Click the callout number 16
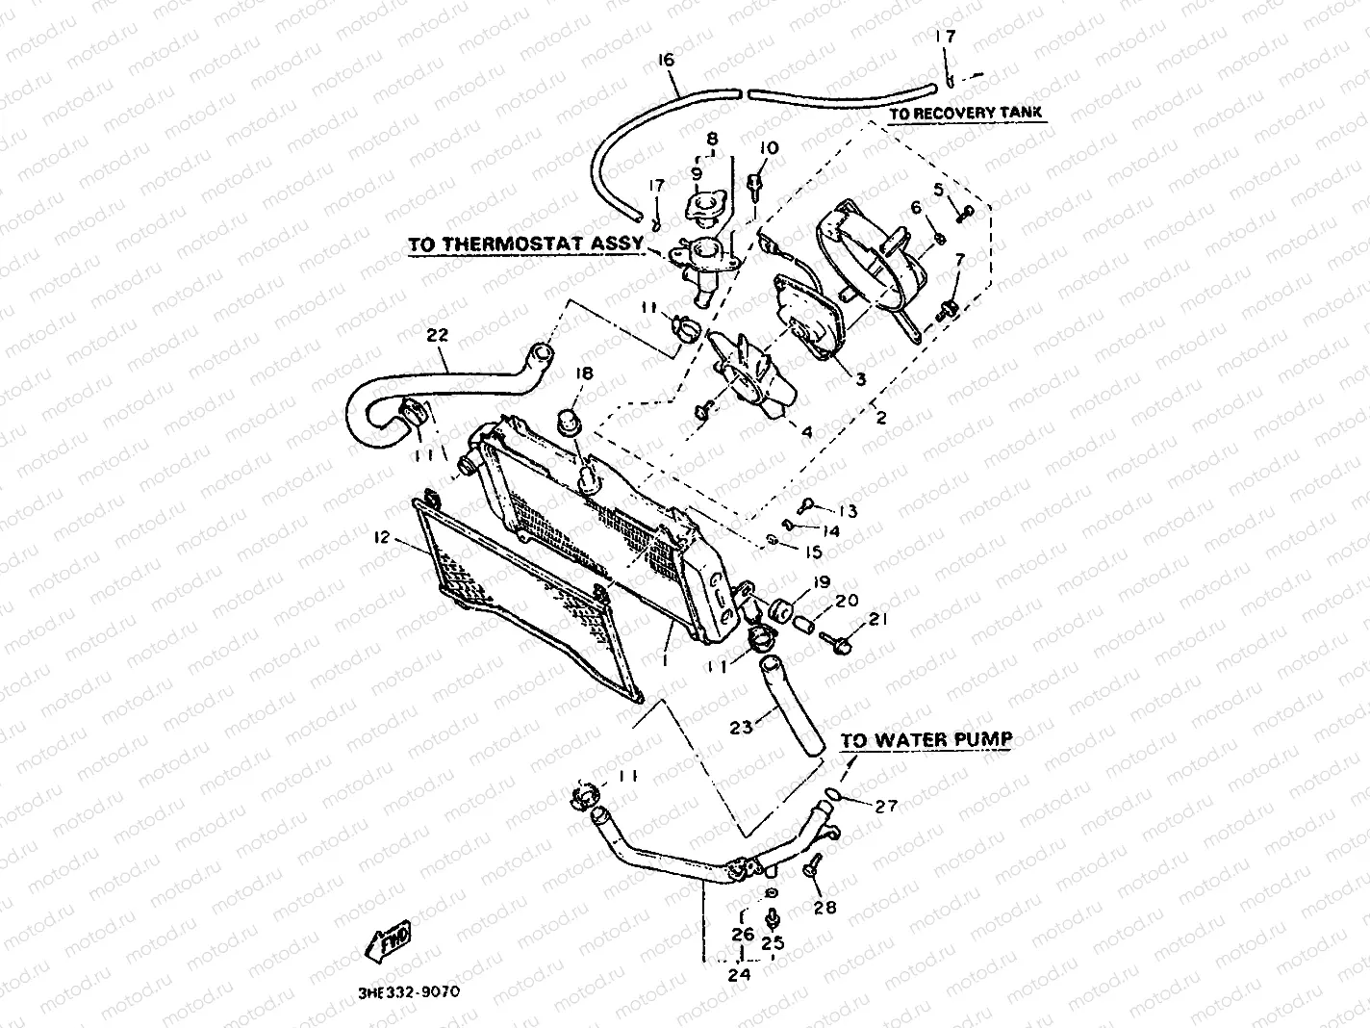pos(666,61)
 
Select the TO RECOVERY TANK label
pos(965,114)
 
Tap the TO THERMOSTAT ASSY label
pos(525,244)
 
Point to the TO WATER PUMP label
pos(926,740)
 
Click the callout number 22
pos(438,334)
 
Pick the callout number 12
pos(382,537)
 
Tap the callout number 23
pos(741,728)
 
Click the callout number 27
pos(886,807)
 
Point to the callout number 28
pos(825,907)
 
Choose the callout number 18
pos(585,373)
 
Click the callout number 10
pos(769,148)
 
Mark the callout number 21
pos(878,619)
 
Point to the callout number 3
pos(861,379)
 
